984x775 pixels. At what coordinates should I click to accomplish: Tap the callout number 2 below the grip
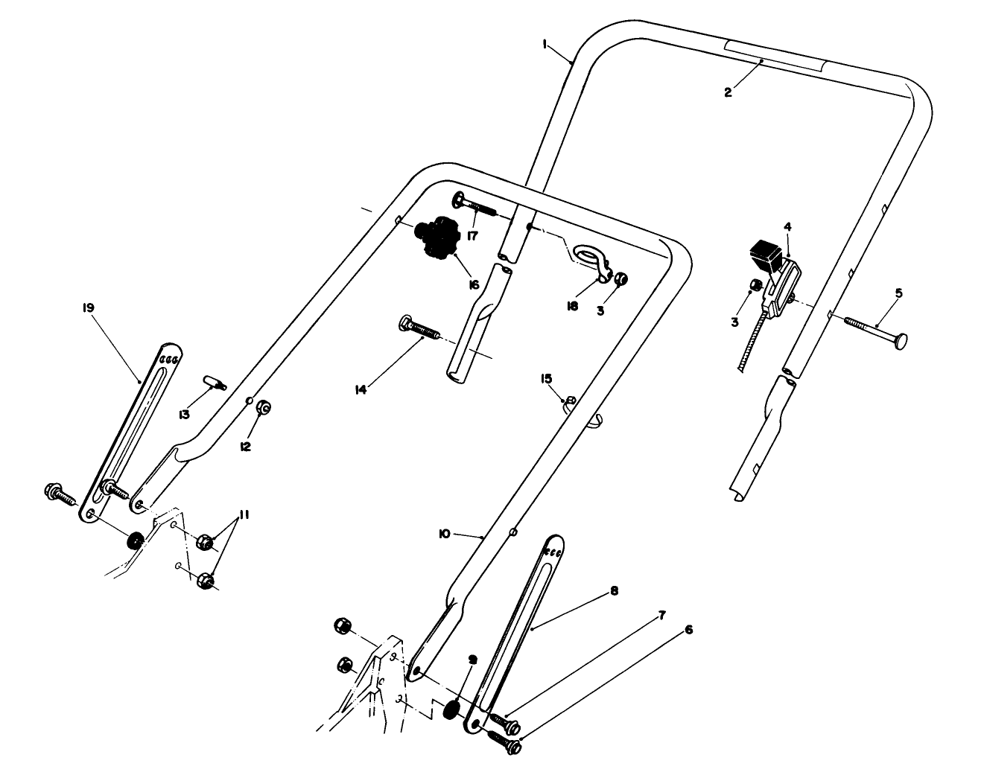pos(728,92)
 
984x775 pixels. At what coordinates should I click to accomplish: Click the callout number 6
pos(688,630)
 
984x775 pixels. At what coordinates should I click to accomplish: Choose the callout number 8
pos(614,591)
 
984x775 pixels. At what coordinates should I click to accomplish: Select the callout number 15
pos(546,379)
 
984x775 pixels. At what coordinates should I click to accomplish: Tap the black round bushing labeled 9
pos(451,709)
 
